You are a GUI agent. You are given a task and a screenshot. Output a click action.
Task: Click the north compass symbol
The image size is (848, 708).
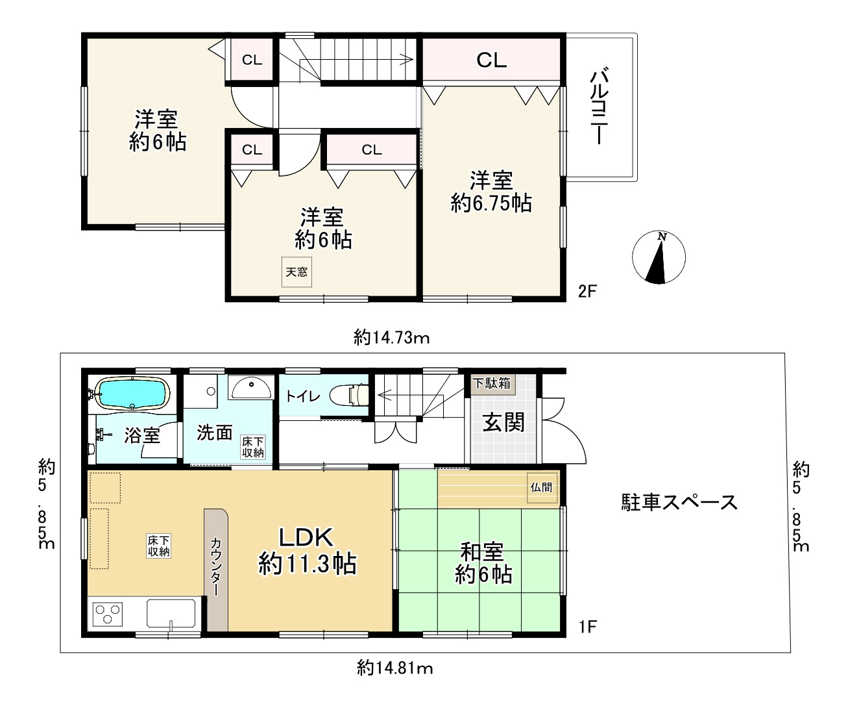(x=659, y=257)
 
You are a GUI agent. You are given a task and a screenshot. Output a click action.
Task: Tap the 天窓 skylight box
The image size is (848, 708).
(x=297, y=272)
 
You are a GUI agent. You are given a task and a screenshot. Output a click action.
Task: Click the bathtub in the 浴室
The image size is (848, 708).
(x=132, y=394)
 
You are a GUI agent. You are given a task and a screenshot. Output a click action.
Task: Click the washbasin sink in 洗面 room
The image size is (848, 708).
(x=252, y=389)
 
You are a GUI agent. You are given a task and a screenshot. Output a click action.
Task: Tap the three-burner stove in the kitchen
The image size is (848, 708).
(x=108, y=614)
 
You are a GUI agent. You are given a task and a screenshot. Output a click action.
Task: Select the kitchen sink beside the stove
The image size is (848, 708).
(x=171, y=614)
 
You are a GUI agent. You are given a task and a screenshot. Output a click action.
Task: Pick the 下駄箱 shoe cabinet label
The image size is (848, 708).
(x=491, y=383)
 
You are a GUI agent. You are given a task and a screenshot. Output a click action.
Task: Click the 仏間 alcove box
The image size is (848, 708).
(x=542, y=487)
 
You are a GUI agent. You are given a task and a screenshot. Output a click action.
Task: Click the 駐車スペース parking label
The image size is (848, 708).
(x=679, y=502)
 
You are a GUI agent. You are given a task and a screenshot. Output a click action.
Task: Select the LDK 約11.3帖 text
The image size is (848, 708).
(x=307, y=551)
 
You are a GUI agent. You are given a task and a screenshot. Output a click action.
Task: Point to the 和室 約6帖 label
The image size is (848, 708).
(x=483, y=563)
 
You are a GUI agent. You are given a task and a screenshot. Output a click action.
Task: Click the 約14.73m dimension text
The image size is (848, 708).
(x=392, y=337)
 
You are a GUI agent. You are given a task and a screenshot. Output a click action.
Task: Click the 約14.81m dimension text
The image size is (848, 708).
(x=395, y=667)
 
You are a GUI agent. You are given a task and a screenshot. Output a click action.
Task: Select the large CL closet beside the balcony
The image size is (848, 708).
(x=491, y=60)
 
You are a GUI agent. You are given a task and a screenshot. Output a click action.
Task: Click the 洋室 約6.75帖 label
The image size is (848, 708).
(x=491, y=192)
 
